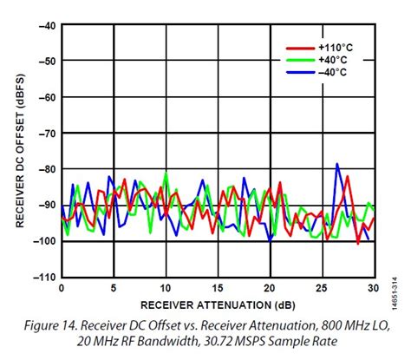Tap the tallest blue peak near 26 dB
point(336,164)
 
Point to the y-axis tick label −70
point(45,134)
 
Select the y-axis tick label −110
point(42,277)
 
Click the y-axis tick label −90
point(45,206)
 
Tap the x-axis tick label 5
point(113,288)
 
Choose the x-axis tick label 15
point(218,288)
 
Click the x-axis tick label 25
point(323,288)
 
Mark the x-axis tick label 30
point(374,288)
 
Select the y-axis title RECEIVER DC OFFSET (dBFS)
point(19,151)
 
